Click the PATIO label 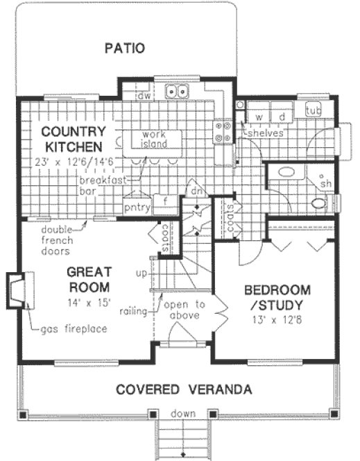124,49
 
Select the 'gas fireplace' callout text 74,328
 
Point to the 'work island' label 152,138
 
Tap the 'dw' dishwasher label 144,96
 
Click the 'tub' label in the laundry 313,110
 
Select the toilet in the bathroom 320,203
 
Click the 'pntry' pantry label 137,206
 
